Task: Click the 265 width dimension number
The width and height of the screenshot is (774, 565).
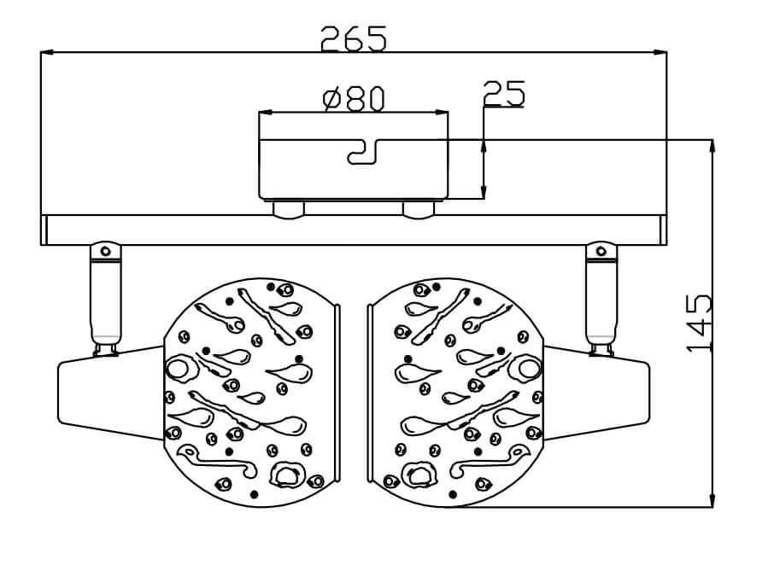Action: click(354, 38)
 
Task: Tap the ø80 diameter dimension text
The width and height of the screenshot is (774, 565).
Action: click(354, 99)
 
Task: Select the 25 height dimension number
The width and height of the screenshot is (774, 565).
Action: click(504, 94)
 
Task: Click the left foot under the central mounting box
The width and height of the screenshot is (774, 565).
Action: click(288, 208)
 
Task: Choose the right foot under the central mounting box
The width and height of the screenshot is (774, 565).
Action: click(418, 208)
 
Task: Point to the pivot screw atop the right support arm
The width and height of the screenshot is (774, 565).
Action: click(601, 251)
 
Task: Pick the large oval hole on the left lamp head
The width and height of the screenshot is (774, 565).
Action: click(179, 369)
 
